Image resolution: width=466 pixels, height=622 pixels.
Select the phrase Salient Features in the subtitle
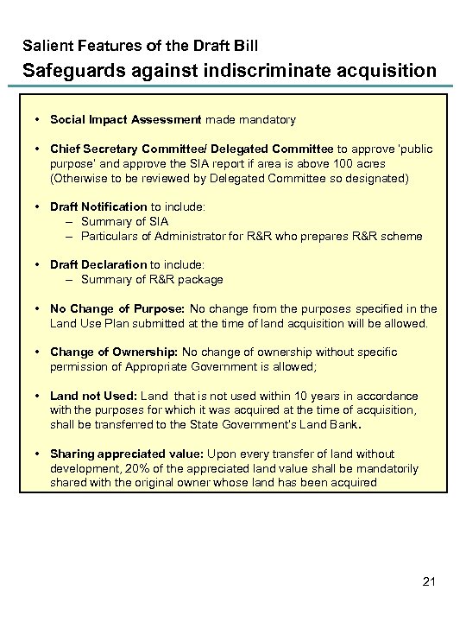click(x=75, y=43)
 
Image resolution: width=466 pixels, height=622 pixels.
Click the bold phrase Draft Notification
click(x=98, y=206)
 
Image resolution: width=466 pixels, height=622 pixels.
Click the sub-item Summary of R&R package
click(x=152, y=279)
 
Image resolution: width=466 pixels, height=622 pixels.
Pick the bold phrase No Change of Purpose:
click(x=117, y=308)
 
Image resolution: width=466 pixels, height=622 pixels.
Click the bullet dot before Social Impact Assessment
click(x=39, y=119)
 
